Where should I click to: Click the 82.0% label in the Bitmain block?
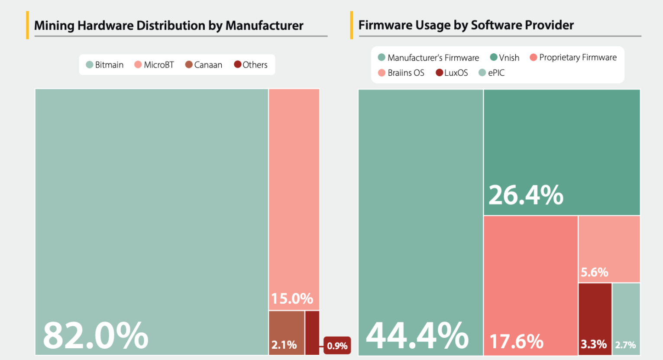pos(96,335)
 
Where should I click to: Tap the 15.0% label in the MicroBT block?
pos(292,298)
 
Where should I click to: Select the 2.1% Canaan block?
pos(286,333)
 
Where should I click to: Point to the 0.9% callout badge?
pos(337,346)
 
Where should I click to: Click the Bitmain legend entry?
pos(105,65)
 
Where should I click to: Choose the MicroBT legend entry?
pos(154,65)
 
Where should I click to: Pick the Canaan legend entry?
pos(204,65)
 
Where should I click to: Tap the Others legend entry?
pos(251,65)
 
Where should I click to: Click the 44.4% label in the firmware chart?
pos(417,335)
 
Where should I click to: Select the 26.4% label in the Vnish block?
pos(526,195)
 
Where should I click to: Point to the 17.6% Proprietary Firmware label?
pos(516,341)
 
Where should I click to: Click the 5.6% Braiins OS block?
pos(609,249)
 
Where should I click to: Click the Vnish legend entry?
pos(505,58)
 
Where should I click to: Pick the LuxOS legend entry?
pos(452,73)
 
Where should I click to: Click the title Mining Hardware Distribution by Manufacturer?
pos(169,26)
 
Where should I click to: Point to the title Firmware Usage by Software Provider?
pos(466,25)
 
